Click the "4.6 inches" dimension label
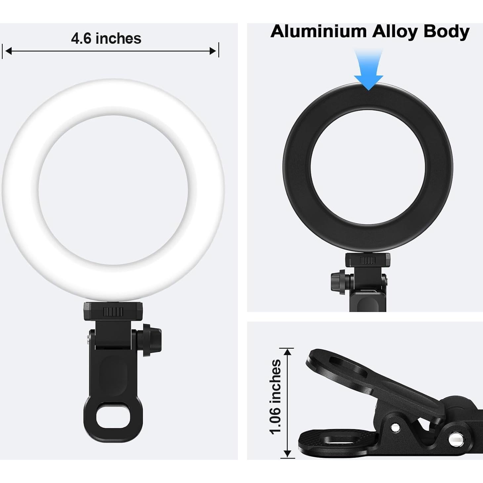click(106, 39)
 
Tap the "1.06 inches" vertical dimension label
click(276, 396)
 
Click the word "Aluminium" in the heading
click(318, 32)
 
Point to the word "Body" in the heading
click(446, 32)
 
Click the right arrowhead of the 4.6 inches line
click(213, 51)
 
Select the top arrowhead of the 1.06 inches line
click(287, 351)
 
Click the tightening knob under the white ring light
click(152, 342)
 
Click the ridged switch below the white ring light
click(113, 312)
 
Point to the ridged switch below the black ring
click(367, 260)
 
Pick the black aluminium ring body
click(298, 165)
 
